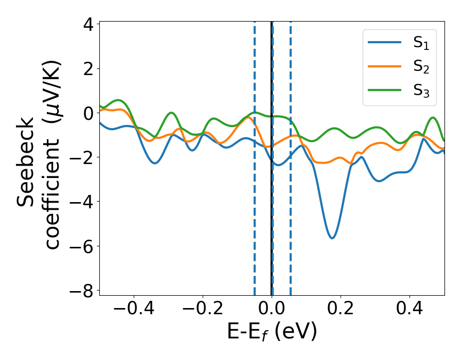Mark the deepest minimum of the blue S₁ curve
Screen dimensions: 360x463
pyautogui.click(x=332, y=238)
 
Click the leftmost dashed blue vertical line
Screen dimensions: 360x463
pyautogui.click(x=255, y=154)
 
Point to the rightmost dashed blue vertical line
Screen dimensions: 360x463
pyautogui.click(x=291, y=154)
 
